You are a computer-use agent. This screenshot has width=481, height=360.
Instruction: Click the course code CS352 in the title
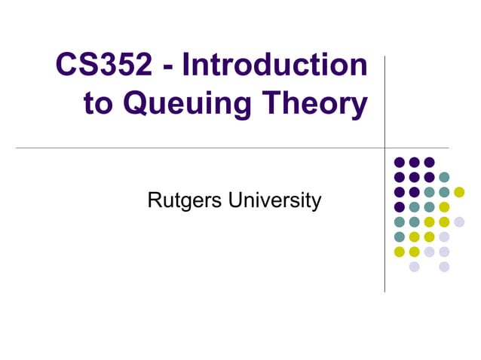pyautogui.click(x=105, y=66)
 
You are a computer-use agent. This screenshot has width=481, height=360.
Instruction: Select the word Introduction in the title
pyautogui.click(x=274, y=66)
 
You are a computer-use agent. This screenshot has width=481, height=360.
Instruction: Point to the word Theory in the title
pyautogui.click(x=320, y=104)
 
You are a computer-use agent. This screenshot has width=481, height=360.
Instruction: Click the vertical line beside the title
pyautogui.click(x=384, y=90)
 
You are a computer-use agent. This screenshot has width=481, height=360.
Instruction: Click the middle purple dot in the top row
pyautogui.click(x=414, y=162)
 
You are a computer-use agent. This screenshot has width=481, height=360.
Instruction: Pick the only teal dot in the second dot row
pyautogui.click(x=444, y=177)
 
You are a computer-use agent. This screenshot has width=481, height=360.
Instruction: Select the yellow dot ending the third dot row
pyautogui.click(x=459, y=192)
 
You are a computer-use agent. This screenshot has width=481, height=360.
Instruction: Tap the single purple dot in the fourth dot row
pyautogui.click(x=399, y=206)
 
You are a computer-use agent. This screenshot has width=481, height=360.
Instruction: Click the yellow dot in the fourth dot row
pyautogui.click(x=444, y=206)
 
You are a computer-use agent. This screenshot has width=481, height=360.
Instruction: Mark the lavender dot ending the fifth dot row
pyautogui.click(x=459, y=221)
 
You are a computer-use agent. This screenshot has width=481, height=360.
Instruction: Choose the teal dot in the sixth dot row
pyautogui.click(x=399, y=236)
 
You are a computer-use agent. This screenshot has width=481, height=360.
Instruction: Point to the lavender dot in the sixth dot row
pyautogui.click(x=444, y=236)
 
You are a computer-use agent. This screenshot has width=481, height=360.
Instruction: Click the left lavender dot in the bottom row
pyautogui.click(x=414, y=267)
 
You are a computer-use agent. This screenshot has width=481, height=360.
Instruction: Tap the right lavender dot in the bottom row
pyautogui.click(x=444, y=267)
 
